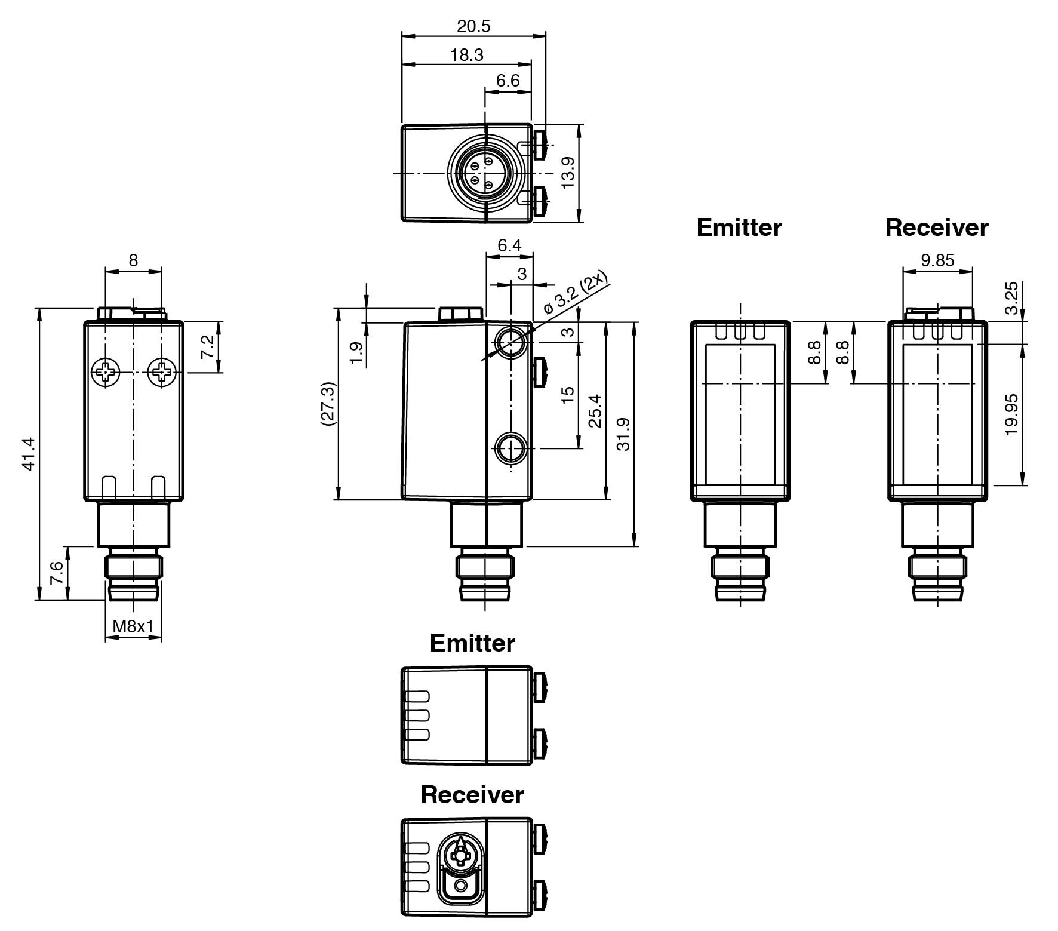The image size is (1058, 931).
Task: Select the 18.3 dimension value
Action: pos(466,55)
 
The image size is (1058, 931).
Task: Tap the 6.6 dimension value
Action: pos(508,81)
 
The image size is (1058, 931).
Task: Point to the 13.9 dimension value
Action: pos(568,173)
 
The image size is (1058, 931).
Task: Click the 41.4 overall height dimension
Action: pos(29,454)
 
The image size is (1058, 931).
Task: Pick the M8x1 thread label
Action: pos(133,626)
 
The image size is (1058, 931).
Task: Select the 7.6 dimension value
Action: pos(57,573)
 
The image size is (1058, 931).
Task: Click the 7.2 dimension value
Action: pos(207,347)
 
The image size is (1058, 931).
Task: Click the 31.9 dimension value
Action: pos(623,434)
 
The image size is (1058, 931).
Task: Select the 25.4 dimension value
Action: pos(595,410)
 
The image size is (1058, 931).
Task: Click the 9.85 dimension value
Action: pos(937,260)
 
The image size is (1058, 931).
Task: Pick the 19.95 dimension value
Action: pos(1011,414)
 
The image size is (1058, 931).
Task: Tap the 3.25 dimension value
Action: pos(1011,298)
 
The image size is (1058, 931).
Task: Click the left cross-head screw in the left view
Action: pos(105,373)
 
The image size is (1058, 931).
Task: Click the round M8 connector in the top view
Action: pos(485,173)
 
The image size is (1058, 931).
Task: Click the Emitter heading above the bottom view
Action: pos(472,643)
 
